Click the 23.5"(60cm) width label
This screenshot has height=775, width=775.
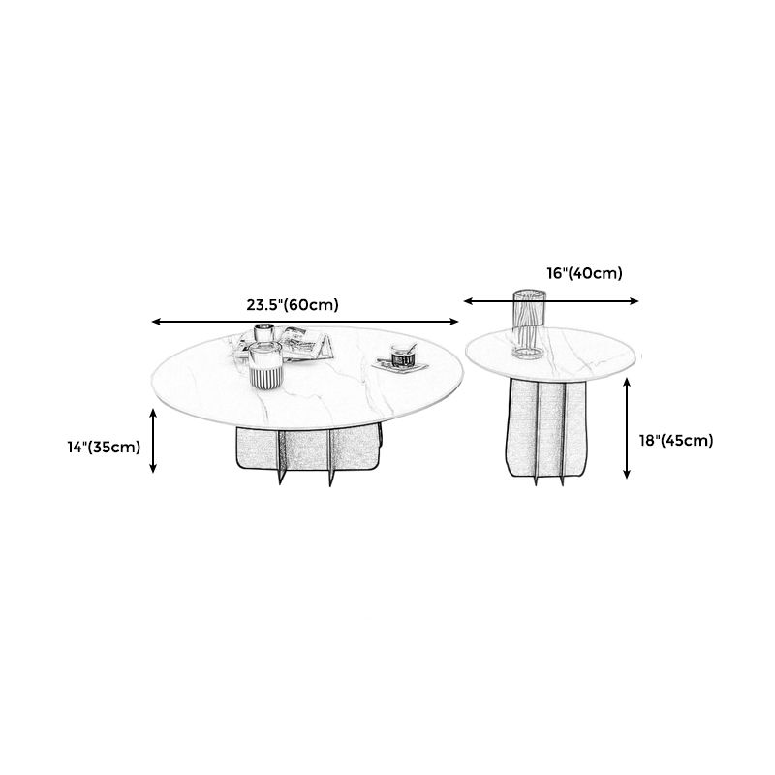pos(293,305)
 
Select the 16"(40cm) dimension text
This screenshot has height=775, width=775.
pos(584,273)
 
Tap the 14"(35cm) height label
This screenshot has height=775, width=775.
pos(105,447)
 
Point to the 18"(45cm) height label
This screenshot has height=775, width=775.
pos(676,441)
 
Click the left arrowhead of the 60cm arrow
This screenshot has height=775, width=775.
pos(155,322)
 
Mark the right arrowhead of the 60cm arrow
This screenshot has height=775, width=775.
pos(454,322)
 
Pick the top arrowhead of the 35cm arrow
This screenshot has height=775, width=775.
pos(153,413)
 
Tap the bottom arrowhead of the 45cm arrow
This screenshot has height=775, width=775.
pos(627,475)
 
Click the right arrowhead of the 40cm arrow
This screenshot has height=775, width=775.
pos(635,301)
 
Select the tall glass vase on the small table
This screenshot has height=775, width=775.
pos(529,325)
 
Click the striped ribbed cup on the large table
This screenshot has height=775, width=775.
pos(265,366)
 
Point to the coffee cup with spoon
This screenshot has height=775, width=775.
pos(403,355)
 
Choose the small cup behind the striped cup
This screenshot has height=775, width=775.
pos(264,332)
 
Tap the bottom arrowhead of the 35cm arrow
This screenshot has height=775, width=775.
pos(153,469)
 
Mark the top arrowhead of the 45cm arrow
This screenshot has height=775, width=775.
pos(627,382)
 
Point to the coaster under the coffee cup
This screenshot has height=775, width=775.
pos(400,366)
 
